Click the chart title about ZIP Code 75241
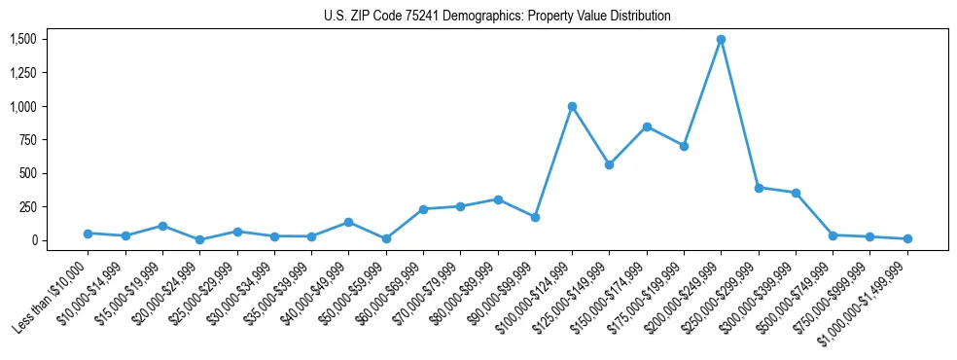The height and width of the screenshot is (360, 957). pos(497,17)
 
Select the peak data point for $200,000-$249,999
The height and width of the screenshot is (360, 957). pos(721,40)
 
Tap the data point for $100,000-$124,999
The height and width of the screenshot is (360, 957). pos(572,106)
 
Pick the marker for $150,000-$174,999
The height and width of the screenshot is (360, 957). pos(647,126)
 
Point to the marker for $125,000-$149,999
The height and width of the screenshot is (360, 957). pos(609,164)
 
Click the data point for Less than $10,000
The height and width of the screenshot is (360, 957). pos(88,234)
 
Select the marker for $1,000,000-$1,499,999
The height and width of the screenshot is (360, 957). pos(907,238)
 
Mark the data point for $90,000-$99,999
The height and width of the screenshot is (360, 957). pos(535,217)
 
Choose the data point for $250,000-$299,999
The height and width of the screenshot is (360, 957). pos(759,188)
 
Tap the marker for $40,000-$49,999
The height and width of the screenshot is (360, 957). pos(348,223)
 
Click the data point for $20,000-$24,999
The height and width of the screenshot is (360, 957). pos(199,239)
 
